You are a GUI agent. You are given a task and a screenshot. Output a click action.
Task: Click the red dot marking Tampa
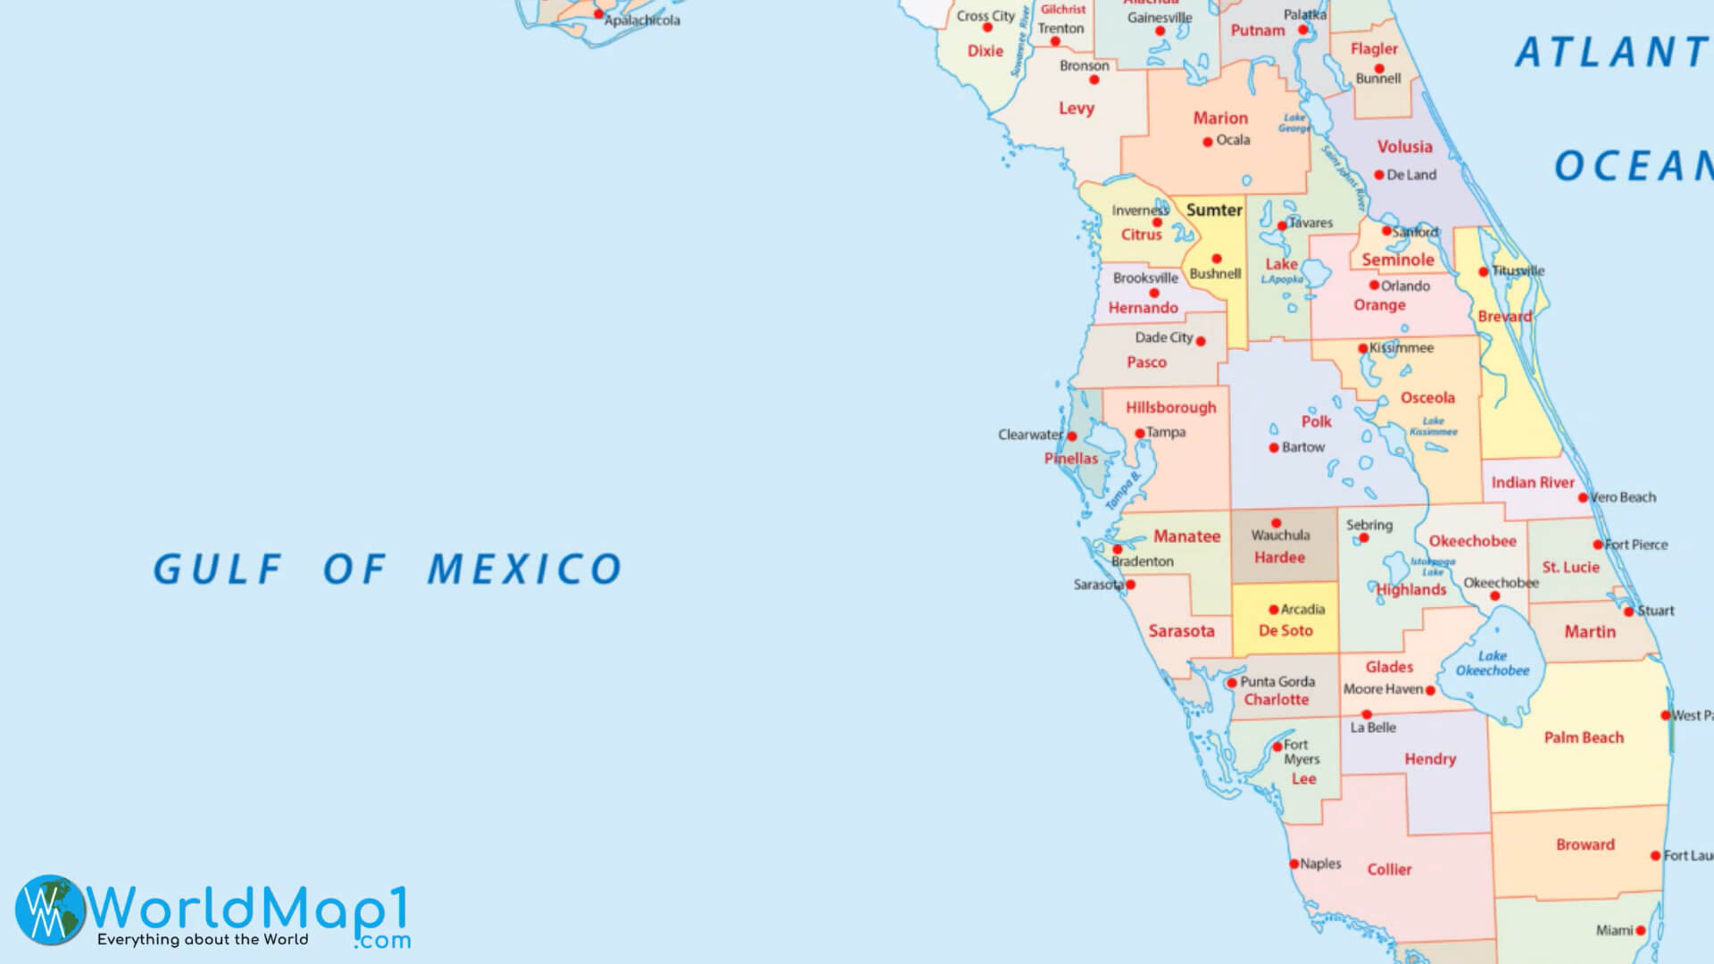coord(1140,434)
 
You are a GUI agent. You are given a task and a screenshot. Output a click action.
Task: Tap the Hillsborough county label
coord(1170,407)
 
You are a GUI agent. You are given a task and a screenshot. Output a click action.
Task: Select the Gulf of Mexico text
coord(387,569)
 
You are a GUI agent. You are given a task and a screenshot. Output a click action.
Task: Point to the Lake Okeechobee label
coord(1493,663)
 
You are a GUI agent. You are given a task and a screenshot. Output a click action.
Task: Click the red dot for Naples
coord(1294,864)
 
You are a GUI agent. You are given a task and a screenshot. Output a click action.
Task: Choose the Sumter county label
coord(1214,210)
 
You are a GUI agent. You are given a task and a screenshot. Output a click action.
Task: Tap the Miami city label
coord(1614,930)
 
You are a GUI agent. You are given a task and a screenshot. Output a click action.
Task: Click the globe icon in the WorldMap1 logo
coord(50,909)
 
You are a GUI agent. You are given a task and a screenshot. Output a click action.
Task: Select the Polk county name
coord(1316,421)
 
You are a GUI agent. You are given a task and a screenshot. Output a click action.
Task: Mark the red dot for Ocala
coord(1208,142)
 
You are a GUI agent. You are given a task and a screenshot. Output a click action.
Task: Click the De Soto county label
coord(1285,631)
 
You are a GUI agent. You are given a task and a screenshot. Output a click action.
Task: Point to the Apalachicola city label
coord(642,21)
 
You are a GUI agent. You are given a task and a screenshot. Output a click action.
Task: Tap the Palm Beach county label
coord(1584,737)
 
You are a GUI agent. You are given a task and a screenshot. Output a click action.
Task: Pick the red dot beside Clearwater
coord(1072,436)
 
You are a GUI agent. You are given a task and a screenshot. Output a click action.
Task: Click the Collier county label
coord(1389,869)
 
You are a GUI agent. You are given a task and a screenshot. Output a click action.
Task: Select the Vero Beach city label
coord(1623,497)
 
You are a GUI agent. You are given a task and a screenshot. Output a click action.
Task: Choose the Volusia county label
coord(1404,146)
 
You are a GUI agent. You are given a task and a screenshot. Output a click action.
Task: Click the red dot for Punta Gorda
coord(1232,684)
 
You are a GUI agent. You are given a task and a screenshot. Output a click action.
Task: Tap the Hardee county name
coord(1279,558)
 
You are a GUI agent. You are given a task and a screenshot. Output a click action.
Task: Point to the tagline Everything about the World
coord(203,940)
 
